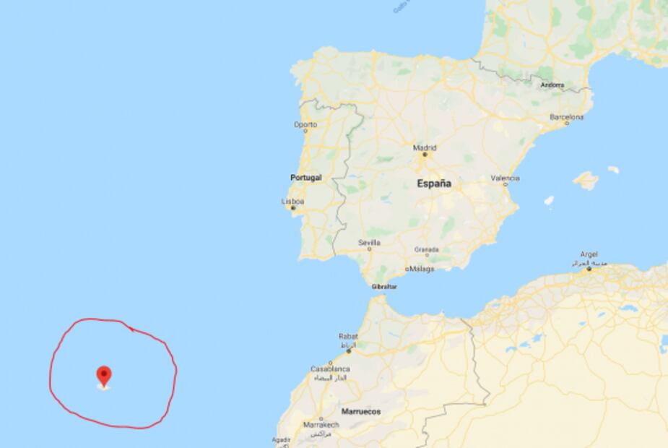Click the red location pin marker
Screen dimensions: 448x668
coord(104,375)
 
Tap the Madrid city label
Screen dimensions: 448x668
coord(425,147)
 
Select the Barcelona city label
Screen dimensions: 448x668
coord(566,116)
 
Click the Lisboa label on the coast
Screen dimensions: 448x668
coord(292,202)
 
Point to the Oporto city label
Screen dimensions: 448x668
coord(305,124)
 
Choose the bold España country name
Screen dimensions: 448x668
coord(433,184)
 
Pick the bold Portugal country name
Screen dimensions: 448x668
coord(305,177)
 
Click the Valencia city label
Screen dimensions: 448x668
coord(505,178)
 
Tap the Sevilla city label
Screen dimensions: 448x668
coord(369,243)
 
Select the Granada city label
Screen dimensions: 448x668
coord(426,249)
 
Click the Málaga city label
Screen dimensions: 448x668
coord(422,269)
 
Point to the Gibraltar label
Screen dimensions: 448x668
coord(383,286)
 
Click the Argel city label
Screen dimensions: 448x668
coord(589,255)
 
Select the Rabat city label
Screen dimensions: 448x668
coord(348,336)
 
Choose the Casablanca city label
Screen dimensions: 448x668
coord(330,369)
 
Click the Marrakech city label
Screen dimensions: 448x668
coord(321,424)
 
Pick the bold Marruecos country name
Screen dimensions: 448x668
coord(361,411)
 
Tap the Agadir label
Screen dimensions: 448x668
coord(281,439)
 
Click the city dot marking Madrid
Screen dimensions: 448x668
coord(425,154)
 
